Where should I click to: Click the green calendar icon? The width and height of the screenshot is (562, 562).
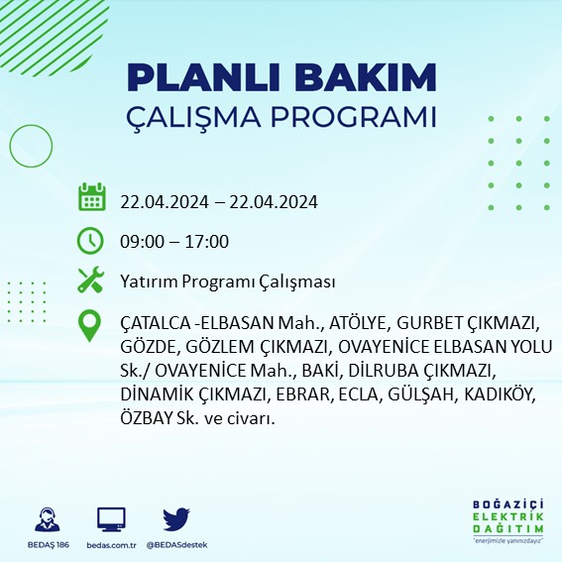click(x=91, y=197)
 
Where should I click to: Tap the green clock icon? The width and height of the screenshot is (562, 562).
click(x=91, y=241)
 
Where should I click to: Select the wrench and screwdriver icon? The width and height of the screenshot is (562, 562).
click(x=91, y=281)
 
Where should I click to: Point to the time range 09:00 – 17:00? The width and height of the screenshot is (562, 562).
click(x=174, y=242)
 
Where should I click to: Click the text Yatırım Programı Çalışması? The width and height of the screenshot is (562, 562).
click(x=227, y=281)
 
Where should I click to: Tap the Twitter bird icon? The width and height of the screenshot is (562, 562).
click(x=175, y=518)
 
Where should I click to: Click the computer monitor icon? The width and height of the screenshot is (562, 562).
click(x=111, y=518)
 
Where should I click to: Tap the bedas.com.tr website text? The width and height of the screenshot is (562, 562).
click(x=111, y=544)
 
